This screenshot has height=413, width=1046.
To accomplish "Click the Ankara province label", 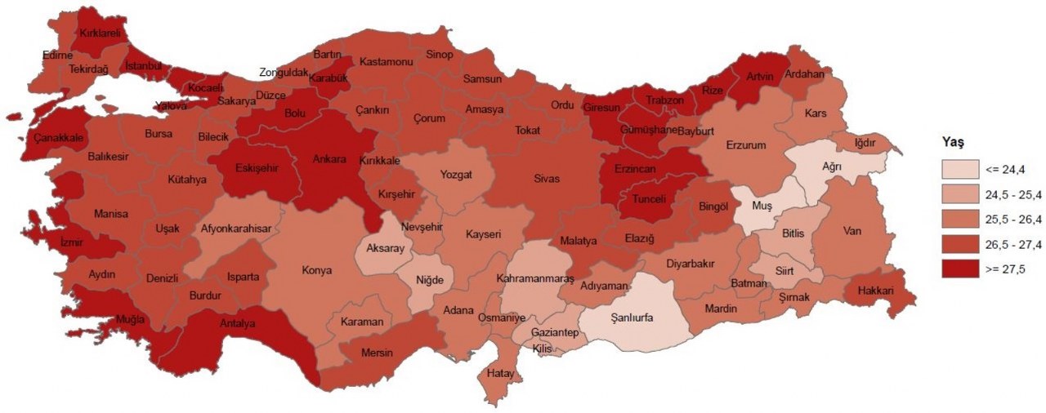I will coord(330,159).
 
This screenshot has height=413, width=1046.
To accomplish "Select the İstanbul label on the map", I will coord(144,65).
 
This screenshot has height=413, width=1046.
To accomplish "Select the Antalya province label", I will coord(238,323).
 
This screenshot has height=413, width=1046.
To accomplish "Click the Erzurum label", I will coord(744,145).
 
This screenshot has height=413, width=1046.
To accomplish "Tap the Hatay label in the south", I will coord(498,373).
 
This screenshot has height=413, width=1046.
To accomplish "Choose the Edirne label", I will coord(58,56).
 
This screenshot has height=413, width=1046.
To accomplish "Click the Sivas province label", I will coord(547,178).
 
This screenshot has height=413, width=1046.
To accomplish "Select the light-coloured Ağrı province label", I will coord(831,166).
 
